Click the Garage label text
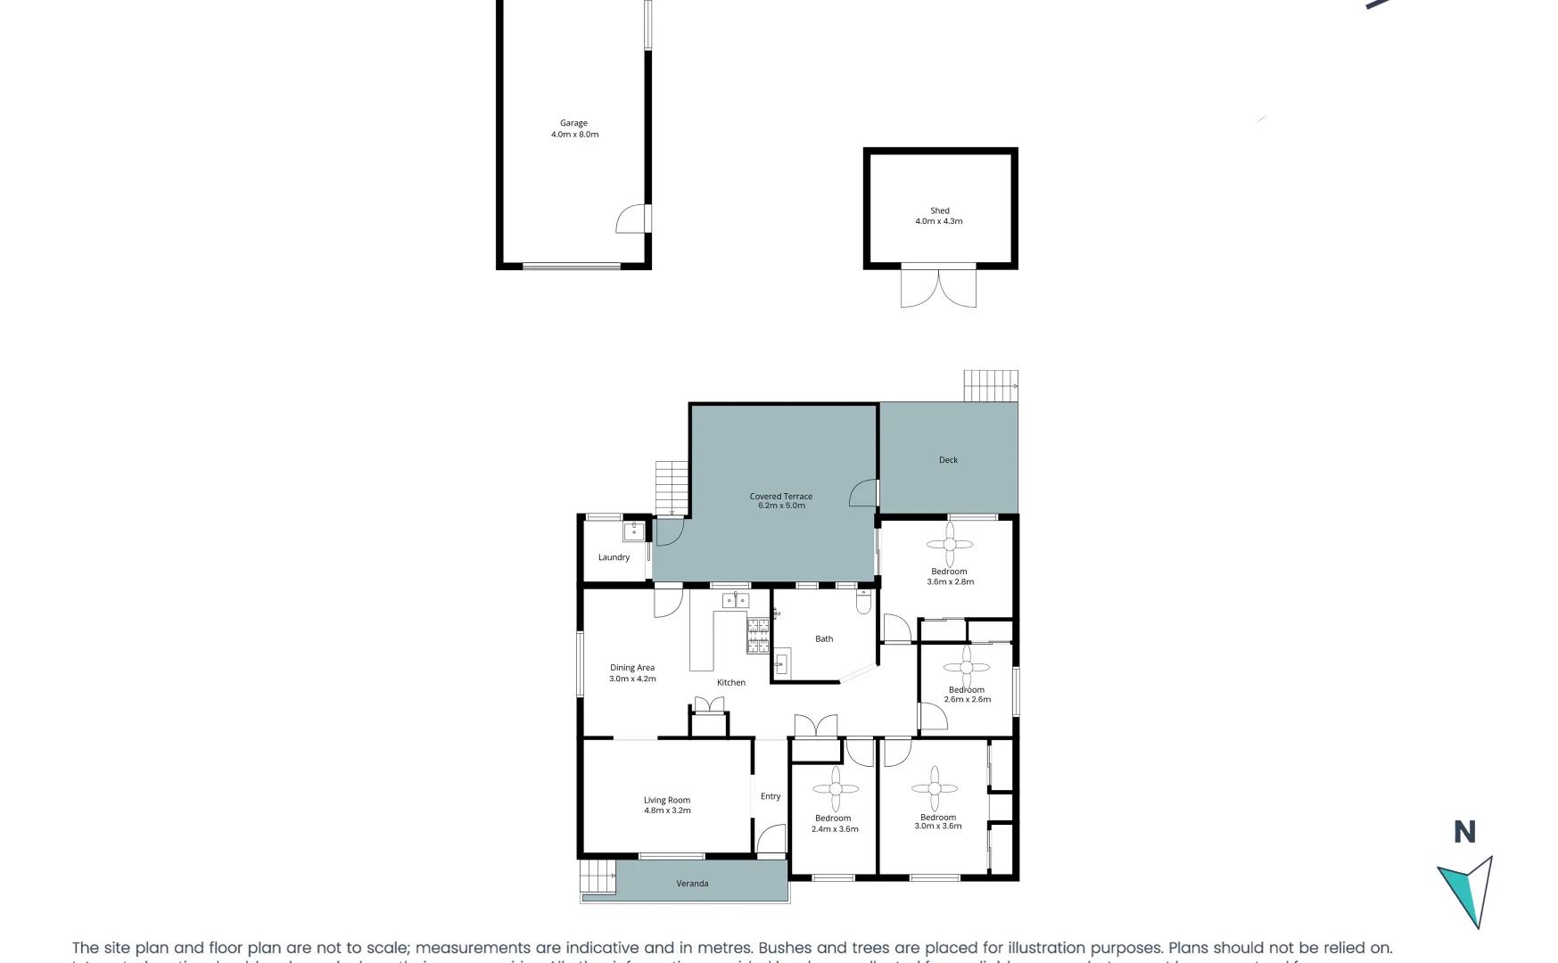574,124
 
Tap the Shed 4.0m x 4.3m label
939,216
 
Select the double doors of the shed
938,287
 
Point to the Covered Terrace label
781,501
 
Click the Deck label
948,460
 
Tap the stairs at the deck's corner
990,386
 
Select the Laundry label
614,557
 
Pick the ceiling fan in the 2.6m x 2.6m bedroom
966,666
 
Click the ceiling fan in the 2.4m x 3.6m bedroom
836,788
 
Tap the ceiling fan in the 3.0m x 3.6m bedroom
934,787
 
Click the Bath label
824,638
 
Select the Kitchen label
731,682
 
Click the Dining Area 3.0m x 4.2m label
632,673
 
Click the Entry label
771,796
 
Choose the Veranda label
692,884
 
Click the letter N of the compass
1464,832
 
